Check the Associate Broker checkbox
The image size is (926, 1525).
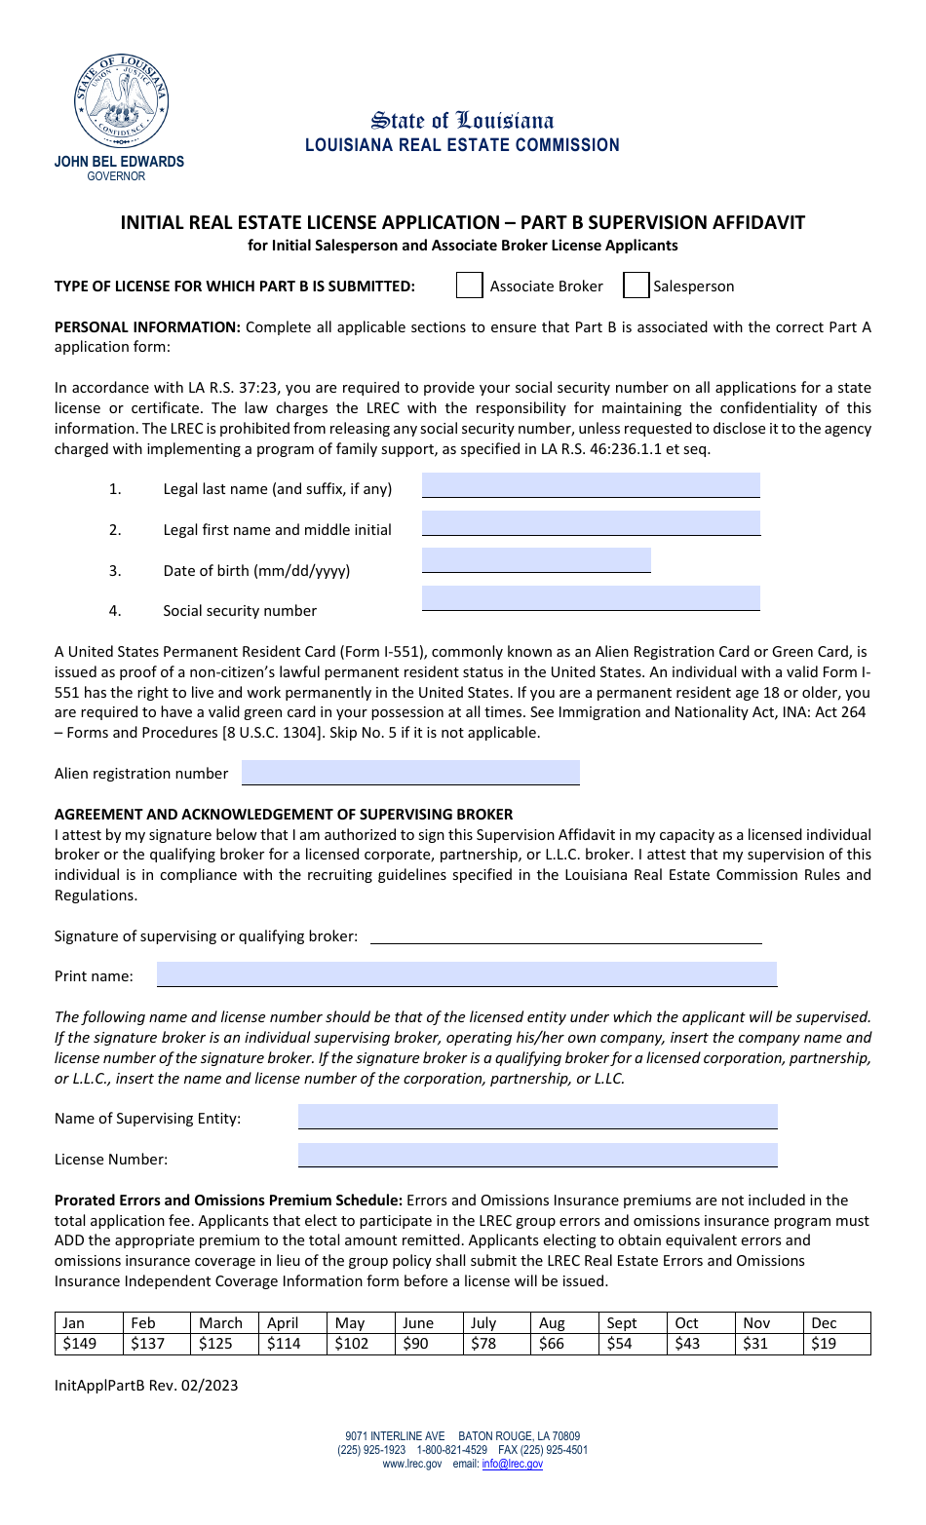click(470, 286)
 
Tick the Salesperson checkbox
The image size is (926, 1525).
click(636, 286)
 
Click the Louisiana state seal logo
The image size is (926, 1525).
click(122, 100)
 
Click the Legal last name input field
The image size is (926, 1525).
click(590, 485)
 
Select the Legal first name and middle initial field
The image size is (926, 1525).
click(590, 523)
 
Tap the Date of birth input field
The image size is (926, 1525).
click(536, 560)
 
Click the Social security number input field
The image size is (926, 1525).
click(590, 598)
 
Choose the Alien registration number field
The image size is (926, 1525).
click(410, 773)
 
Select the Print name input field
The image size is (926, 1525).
click(466, 974)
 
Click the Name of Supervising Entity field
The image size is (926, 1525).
click(537, 1117)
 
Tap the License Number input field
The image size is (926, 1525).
click(537, 1156)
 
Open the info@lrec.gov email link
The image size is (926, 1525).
click(512, 1464)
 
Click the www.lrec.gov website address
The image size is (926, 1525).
click(411, 1464)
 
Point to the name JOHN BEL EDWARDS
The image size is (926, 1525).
click(119, 162)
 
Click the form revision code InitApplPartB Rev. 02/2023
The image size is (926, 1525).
click(146, 1386)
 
